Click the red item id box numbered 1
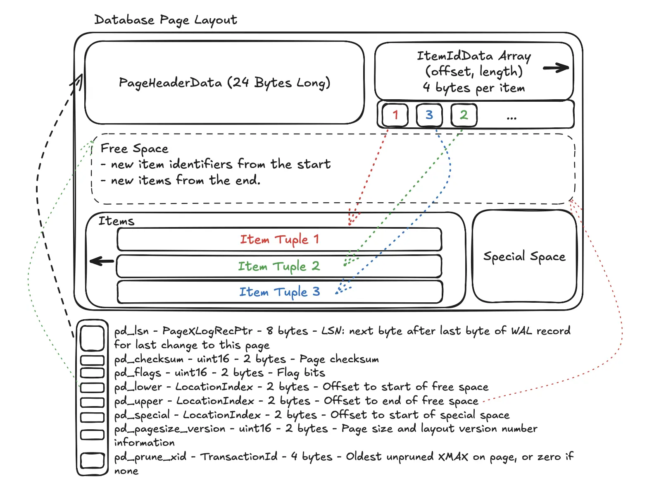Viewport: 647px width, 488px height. tap(395, 115)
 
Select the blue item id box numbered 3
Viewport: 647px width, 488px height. tap(429, 115)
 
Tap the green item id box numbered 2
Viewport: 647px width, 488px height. tap(464, 115)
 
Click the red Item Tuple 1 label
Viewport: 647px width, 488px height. tap(279, 239)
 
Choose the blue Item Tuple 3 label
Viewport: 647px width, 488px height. tap(279, 292)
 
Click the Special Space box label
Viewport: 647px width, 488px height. tap(524, 256)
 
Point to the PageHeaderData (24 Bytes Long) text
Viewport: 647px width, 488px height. tap(224, 83)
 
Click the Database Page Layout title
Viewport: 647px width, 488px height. tap(165, 20)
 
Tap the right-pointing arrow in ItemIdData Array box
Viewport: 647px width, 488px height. tap(556, 68)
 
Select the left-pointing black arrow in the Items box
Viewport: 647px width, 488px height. tap(102, 261)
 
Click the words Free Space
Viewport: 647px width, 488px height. tap(134, 148)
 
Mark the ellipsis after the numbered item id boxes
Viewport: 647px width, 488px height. tap(511, 118)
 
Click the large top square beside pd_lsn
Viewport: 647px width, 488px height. tap(92, 338)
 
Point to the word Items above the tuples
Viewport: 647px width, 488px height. tap(116, 221)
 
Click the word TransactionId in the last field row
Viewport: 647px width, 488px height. tap(239, 457)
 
